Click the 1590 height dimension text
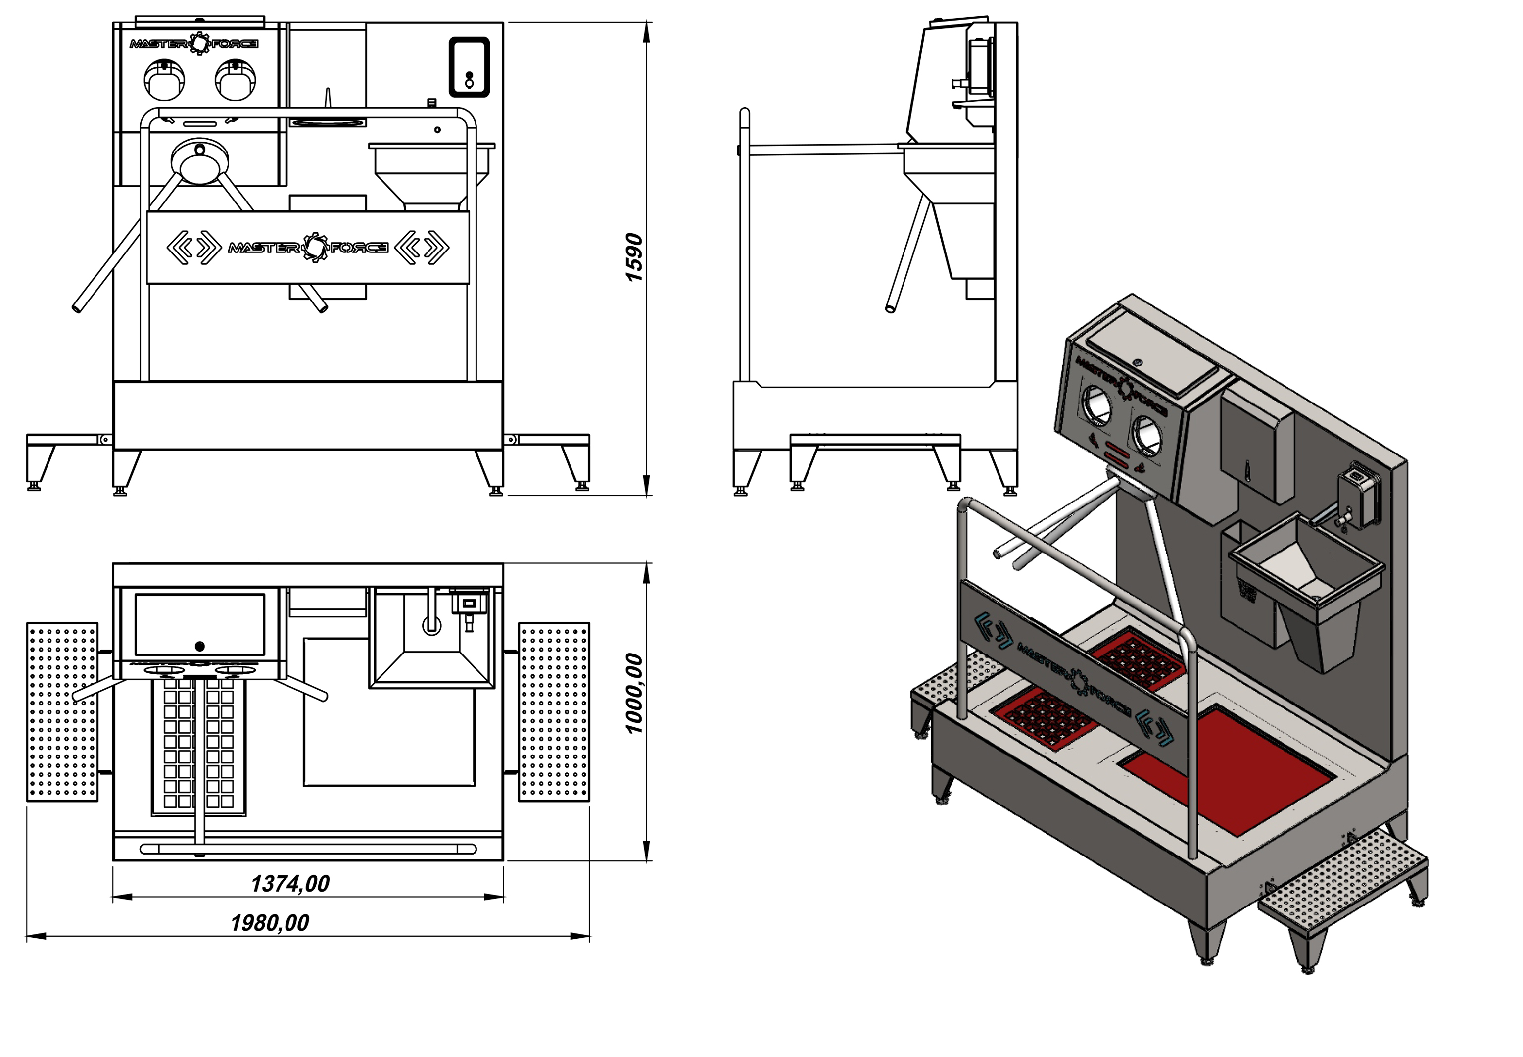[634, 257]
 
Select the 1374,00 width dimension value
[290, 884]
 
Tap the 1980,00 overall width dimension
[269, 922]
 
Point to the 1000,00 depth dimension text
[634, 694]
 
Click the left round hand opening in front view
[164, 80]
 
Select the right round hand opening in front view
[236, 80]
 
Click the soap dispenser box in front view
[469, 67]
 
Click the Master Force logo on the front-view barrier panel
[308, 248]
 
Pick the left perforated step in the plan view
[62, 712]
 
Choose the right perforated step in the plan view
[554, 712]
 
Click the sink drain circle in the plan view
[431, 625]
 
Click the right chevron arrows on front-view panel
[422, 248]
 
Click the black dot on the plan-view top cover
[200, 646]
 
